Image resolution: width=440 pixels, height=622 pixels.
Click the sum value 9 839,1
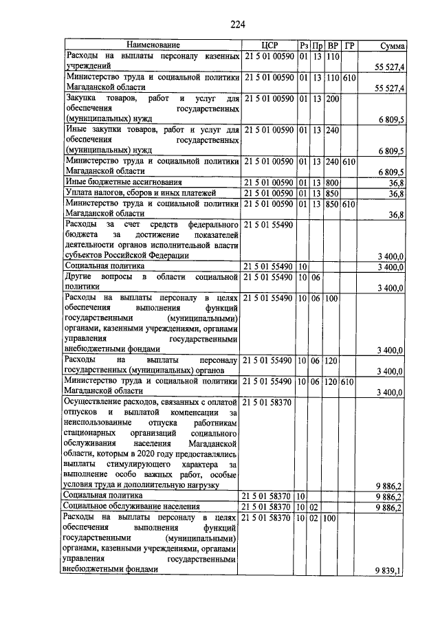click(x=389, y=570)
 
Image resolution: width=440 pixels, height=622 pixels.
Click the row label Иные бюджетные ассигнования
click(x=123, y=182)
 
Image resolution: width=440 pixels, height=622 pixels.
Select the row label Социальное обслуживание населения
click(x=140, y=507)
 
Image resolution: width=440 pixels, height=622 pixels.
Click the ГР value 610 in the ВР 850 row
click(x=349, y=204)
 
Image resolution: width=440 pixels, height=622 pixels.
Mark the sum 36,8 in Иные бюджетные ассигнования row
click(x=396, y=183)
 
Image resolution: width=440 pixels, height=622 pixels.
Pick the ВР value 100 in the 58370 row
click(x=329, y=517)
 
